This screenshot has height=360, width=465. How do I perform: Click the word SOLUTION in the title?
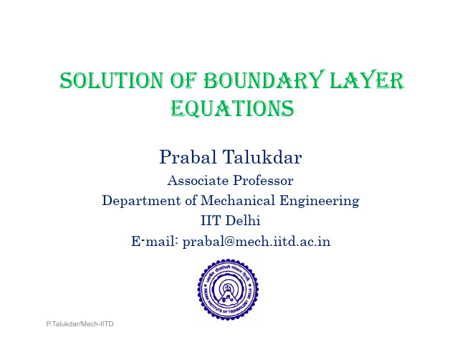pos(112,80)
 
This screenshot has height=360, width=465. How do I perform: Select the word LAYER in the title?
pos(367,80)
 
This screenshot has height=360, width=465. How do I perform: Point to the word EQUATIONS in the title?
pos(232,108)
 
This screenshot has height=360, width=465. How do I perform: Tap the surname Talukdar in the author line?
pos(262,157)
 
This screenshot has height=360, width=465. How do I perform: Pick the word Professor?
pos(263,181)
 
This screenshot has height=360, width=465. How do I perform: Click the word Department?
pos(141,201)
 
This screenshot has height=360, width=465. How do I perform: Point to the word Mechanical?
pos(238,200)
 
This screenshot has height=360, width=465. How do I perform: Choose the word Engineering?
pos(319,201)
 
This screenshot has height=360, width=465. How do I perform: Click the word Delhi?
pos(243,220)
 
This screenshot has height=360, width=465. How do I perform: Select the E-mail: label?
pos(155,241)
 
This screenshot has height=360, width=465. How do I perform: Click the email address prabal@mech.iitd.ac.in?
pos(257,242)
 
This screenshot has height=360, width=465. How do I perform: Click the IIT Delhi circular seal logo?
pos(228,290)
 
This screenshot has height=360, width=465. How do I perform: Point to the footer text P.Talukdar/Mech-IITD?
pos(80,324)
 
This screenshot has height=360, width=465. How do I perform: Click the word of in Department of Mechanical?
pos(191,201)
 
